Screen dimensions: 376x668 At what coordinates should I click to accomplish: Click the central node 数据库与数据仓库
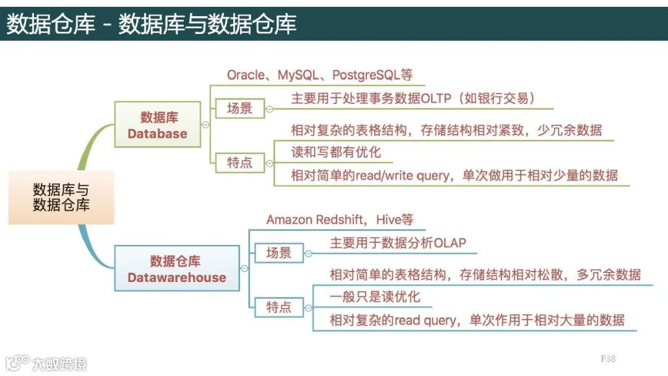(61, 197)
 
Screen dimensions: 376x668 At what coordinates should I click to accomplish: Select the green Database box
(158, 124)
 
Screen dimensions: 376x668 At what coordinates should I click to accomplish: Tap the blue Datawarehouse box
(177, 268)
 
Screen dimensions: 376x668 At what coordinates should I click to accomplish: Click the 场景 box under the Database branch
(239, 108)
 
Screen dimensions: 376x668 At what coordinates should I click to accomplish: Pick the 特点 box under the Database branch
(239, 163)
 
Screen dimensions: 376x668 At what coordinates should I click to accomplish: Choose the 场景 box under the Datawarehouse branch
(278, 252)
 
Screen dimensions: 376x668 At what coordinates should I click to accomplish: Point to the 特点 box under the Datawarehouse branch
(278, 307)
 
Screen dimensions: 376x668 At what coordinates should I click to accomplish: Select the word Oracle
(245, 75)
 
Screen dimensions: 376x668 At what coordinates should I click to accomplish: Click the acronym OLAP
(449, 243)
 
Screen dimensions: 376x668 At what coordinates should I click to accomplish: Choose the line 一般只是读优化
(375, 297)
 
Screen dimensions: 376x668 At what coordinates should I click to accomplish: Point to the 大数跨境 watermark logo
(46, 362)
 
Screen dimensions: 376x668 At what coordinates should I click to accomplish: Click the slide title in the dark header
(152, 23)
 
